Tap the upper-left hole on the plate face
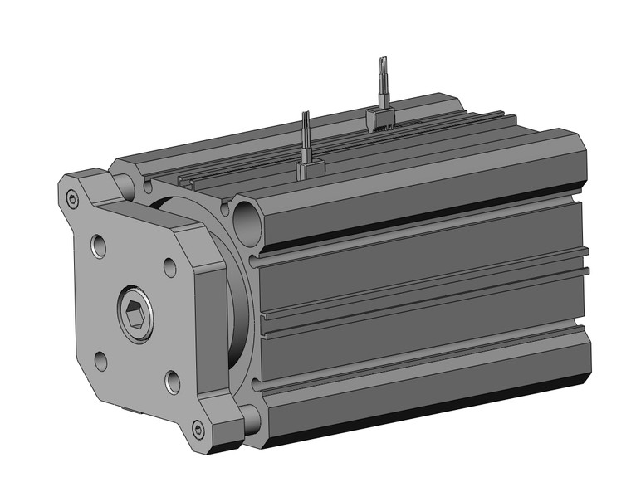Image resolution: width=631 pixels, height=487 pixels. click(x=99, y=246)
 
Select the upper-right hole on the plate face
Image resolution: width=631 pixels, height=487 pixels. click(x=170, y=267)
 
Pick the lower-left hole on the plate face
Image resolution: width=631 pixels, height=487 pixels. click(x=100, y=362)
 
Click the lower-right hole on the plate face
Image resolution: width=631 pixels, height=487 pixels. click(x=173, y=382)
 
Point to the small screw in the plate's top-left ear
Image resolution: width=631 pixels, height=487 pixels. click(x=72, y=198)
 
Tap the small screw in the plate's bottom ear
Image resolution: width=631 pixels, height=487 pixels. click(x=198, y=429)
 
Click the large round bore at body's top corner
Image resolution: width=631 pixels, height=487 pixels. click(x=247, y=217)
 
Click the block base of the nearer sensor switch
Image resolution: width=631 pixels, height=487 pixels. click(x=308, y=170)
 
